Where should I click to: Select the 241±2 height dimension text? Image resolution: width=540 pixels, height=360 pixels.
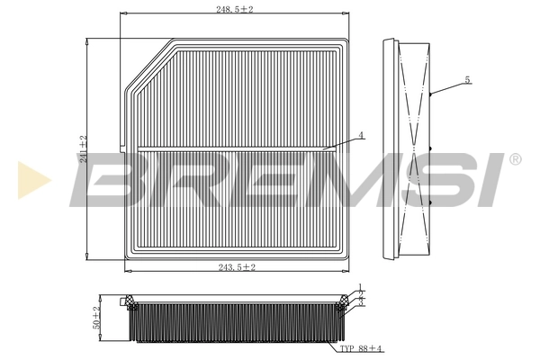tap(82, 149)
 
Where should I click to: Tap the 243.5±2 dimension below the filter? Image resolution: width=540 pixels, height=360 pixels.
tap(236, 267)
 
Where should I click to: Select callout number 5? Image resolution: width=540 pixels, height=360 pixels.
tap(467, 79)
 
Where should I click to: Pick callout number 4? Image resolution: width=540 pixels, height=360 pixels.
tap(360, 135)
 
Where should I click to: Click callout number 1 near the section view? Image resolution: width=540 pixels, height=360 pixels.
tap(360, 287)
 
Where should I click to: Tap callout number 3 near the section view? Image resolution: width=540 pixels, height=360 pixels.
tap(360, 303)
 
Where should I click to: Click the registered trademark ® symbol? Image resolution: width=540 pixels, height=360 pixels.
tap(514, 160)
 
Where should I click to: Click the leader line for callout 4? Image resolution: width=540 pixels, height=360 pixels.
tap(341, 142)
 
